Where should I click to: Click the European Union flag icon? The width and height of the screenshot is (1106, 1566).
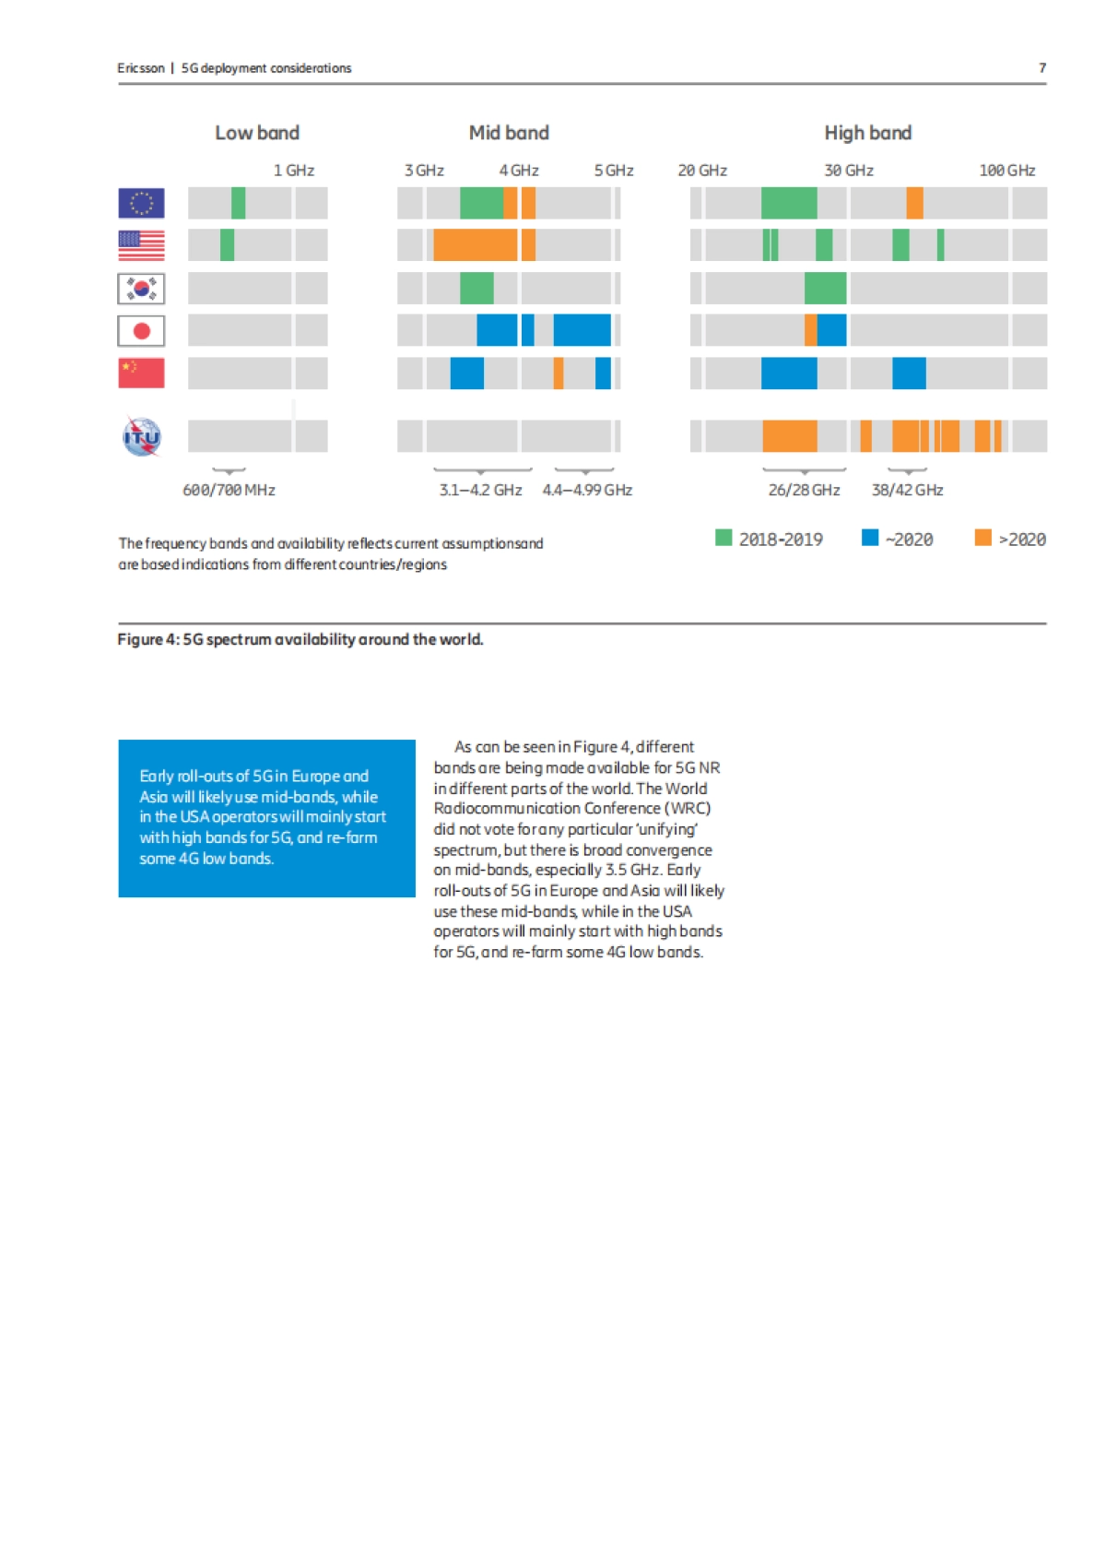141,203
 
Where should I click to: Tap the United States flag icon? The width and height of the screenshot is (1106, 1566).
141,245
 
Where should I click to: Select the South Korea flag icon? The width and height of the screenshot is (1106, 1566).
141,289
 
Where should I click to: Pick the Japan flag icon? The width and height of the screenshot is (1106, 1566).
141,330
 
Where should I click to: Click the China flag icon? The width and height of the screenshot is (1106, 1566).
141,373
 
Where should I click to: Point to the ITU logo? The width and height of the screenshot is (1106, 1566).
142,436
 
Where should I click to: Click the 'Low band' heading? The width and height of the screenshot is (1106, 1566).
257,133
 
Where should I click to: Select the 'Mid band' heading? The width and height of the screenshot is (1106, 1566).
509,133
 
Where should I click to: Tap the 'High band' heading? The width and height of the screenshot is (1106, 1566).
867,133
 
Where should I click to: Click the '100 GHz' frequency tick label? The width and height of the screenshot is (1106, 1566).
1006,171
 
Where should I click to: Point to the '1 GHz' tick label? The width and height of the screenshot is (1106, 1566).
294,171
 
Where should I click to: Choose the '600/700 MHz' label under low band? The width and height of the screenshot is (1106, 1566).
229,490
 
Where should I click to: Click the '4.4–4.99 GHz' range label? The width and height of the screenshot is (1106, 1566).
587,490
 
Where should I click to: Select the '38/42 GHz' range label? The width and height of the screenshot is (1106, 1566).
907,490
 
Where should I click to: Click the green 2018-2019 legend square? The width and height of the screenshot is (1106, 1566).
724,538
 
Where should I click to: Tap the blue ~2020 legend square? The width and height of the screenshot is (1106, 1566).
869,538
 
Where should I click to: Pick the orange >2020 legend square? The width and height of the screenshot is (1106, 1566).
982,538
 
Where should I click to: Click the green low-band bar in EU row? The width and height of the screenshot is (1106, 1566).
238,203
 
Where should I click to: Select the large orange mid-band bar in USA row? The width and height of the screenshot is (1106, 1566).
475,245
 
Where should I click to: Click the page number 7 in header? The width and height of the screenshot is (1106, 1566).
1042,68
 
